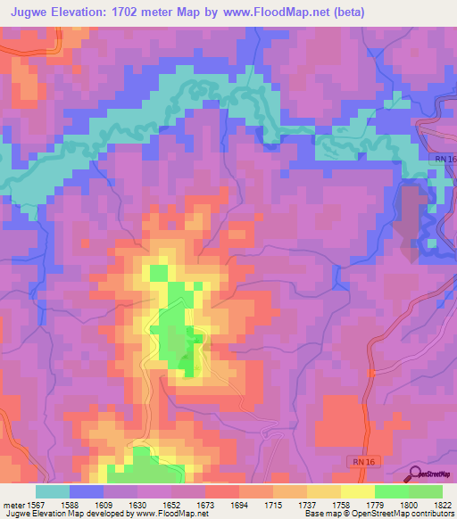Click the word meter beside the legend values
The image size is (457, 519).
(11, 505)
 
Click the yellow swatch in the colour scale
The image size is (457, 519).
(357, 491)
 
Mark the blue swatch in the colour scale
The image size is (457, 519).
(87, 491)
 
